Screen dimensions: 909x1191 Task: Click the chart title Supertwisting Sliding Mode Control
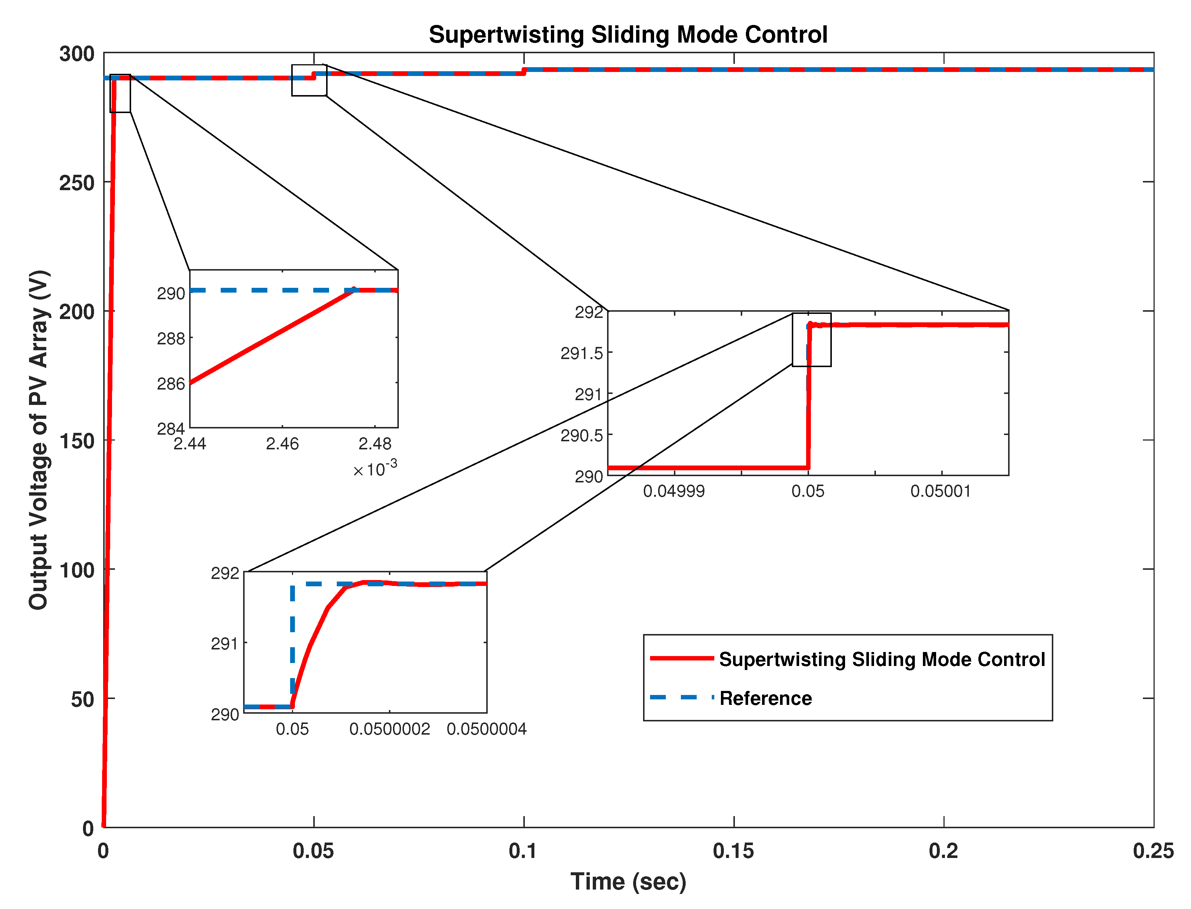coord(628,35)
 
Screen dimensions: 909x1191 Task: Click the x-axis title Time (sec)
coord(628,881)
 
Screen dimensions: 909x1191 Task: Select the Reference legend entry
coord(765,699)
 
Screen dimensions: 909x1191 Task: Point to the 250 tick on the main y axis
coord(76,183)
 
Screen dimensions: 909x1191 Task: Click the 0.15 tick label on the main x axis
coord(733,851)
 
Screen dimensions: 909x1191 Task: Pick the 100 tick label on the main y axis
coord(76,570)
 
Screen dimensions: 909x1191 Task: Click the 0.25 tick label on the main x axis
coord(1152,851)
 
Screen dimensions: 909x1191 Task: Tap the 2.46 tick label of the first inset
coord(282,444)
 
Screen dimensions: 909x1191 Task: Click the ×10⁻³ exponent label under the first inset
coord(375,468)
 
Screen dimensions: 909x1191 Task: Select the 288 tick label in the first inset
coord(171,339)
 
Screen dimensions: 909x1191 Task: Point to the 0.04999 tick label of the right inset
coord(674,491)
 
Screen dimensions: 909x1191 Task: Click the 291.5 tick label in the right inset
coord(581,353)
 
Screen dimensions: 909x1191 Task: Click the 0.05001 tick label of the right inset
coord(941,491)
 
